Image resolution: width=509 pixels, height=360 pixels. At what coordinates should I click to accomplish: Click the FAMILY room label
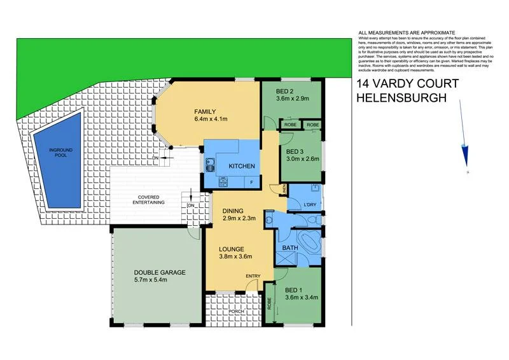(206, 111)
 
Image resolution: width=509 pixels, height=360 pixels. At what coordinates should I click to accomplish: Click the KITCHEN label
(242, 166)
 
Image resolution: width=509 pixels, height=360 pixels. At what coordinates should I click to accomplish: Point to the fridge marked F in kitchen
(252, 182)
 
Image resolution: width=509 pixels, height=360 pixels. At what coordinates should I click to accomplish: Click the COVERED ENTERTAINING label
(148, 199)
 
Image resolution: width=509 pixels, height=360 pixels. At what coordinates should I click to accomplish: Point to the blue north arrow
(468, 153)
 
